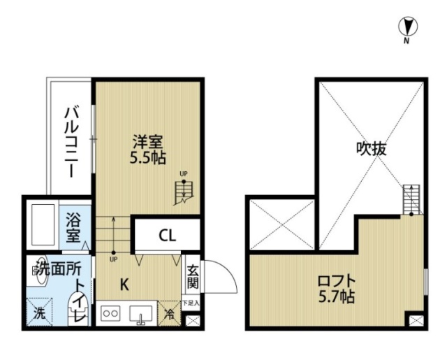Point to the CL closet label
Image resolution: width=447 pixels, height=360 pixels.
click(166, 235)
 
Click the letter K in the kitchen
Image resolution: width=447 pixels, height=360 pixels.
click(124, 285)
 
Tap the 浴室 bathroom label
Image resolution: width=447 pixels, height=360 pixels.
click(73, 229)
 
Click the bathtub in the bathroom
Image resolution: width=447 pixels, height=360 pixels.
click(42, 225)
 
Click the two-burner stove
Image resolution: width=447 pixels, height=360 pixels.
click(111, 314)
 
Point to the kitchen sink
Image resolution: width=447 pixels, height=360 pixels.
click(142, 314)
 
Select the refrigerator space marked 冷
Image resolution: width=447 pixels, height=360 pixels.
click(170, 315)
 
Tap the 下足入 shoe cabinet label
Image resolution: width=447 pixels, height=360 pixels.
click(191, 303)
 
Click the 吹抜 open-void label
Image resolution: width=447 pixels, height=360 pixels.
click(371, 149)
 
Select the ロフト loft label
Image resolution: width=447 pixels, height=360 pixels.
click(337, 281)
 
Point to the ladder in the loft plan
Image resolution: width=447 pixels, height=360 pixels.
click(411, 199)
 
